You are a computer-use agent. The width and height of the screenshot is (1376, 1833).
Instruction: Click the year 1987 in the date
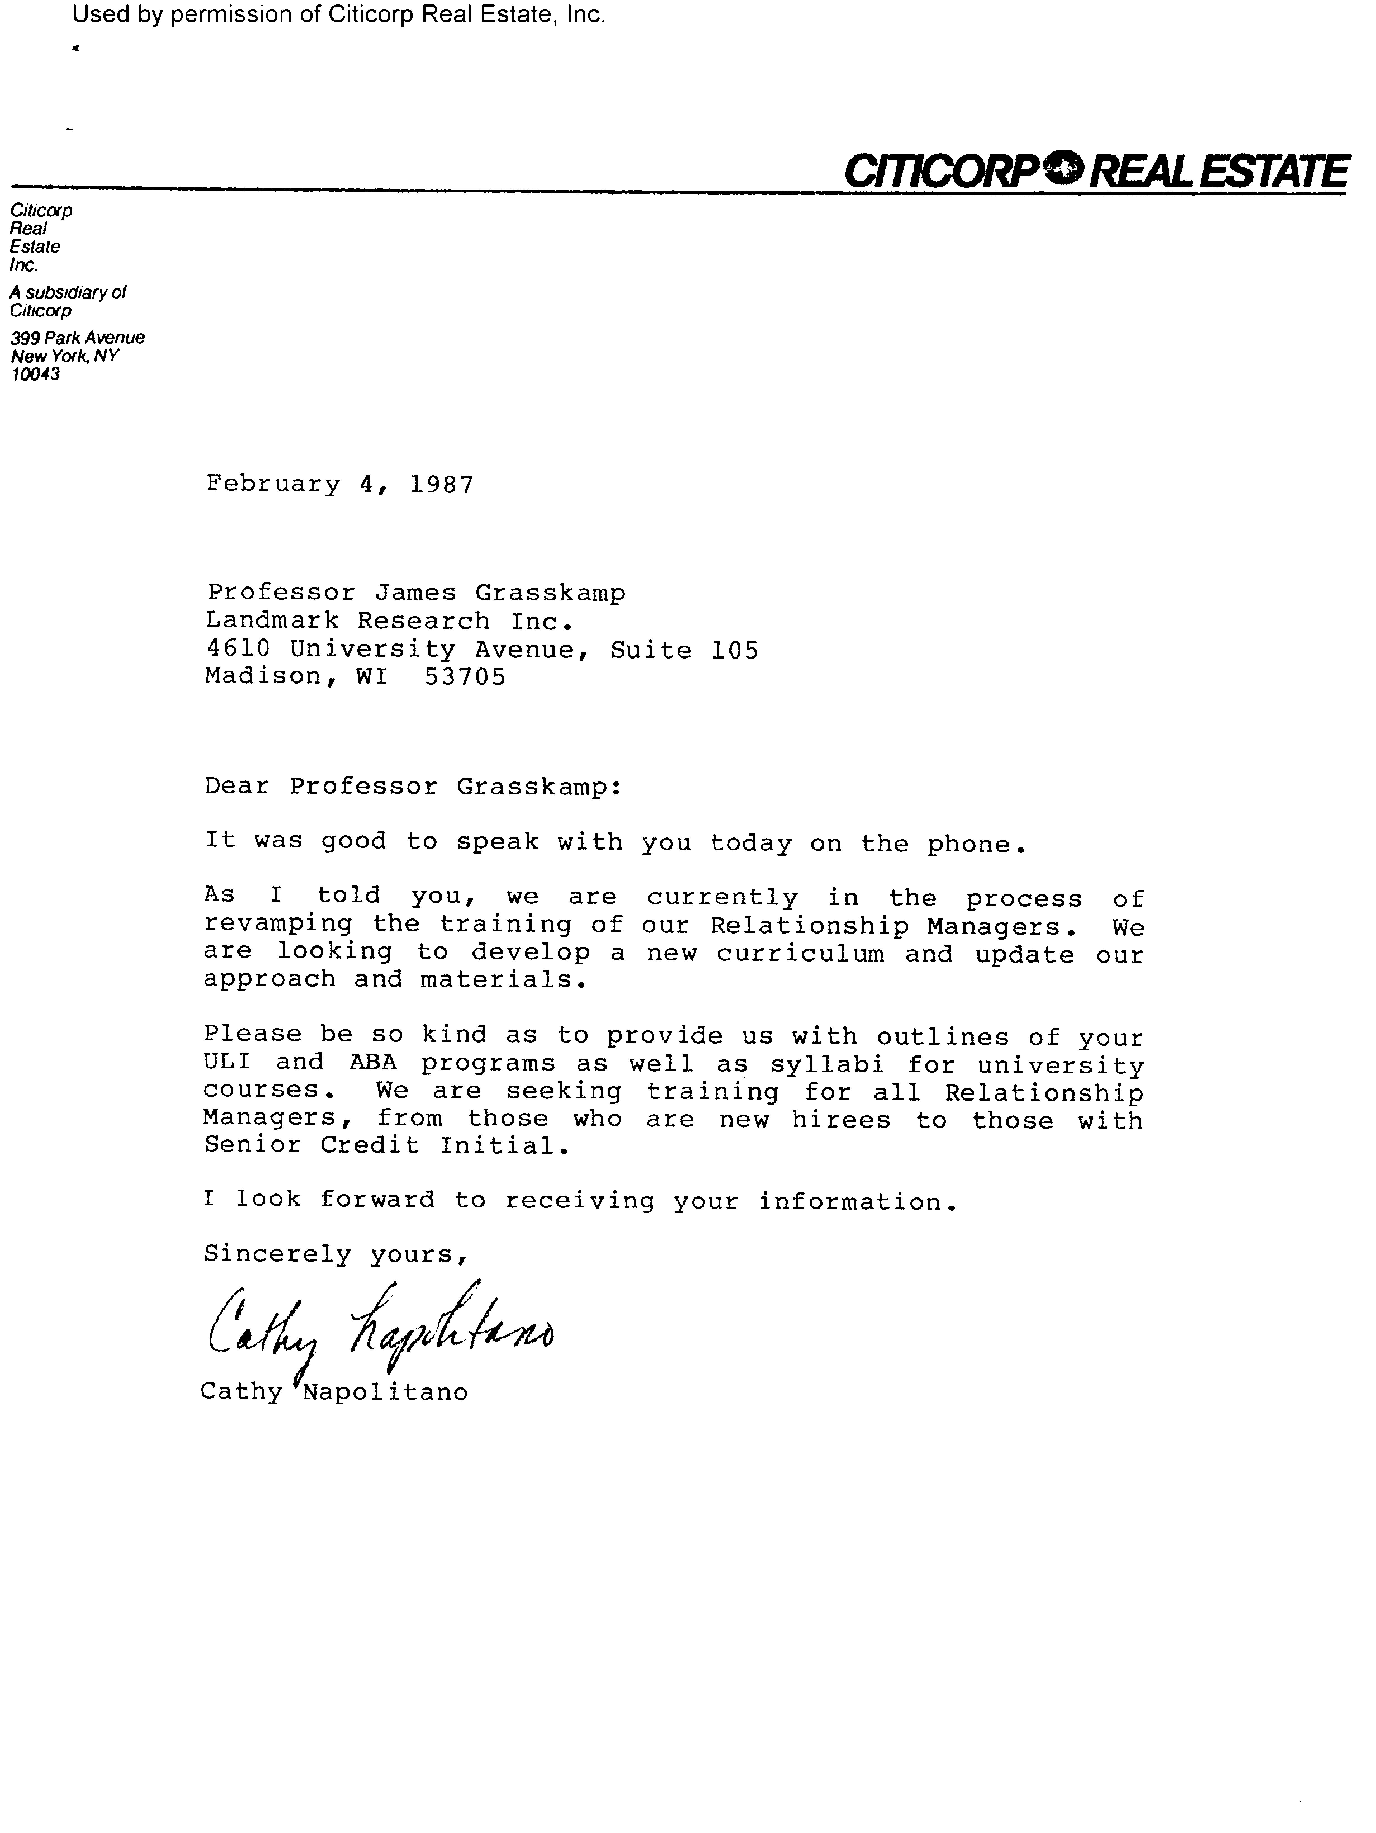(441, 485)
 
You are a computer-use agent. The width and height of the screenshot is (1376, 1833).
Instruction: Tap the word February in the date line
(273, 485)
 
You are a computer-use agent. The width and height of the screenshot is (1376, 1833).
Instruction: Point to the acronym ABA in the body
(373, 1063)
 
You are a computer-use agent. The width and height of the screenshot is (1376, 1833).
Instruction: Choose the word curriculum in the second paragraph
(800, 955)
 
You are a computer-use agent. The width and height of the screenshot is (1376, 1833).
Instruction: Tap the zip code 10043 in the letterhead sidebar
(35, 375)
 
